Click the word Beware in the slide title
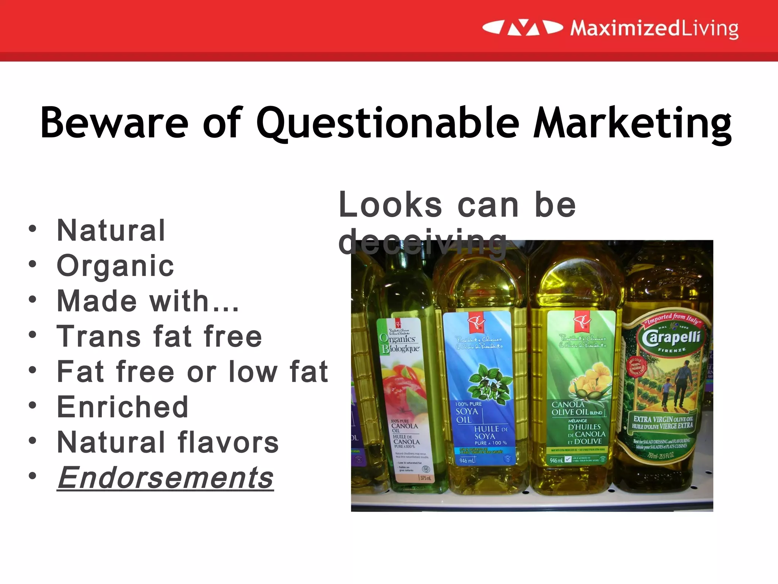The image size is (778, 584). click(114, 122)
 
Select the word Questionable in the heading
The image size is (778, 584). click(387, 122)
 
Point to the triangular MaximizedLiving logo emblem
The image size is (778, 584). click(523, 28)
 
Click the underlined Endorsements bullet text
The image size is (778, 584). click(165, 478)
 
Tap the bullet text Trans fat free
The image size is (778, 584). click(159, 336)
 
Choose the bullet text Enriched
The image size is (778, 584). click(122, 407)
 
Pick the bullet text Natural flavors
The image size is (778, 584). click(168, 442)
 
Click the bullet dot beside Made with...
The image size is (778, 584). click(33, 299)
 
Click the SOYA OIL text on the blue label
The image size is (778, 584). click(467, 415)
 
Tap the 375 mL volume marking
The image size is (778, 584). click(425, 478)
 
